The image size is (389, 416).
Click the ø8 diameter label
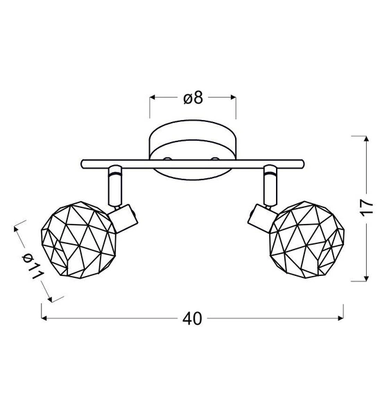(193, 98)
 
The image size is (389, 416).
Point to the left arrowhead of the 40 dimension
(45, 318)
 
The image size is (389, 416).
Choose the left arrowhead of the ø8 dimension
(153, 98)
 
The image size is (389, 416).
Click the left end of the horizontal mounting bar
(83, 164)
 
